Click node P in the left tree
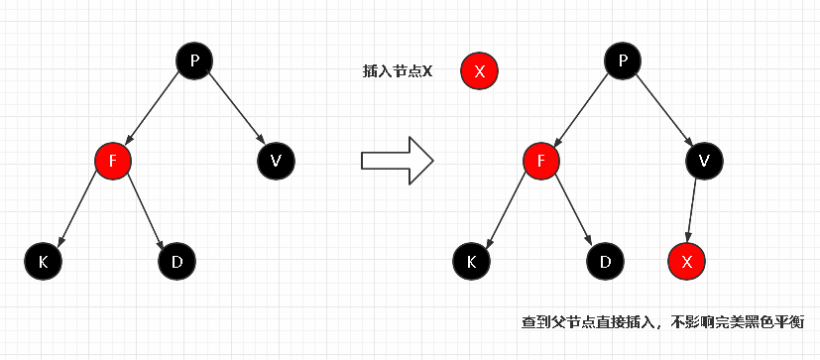(x=194, y=60)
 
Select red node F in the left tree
(x=113, y=159)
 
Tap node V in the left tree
(x=276, y=159)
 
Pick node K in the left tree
(x=43, y=261)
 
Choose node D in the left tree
(x=176, y=261)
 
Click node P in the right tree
(x=623, y=60)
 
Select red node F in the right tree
(x=540, y=159)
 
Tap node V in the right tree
(x=703, y=159)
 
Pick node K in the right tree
(x=471, y=261)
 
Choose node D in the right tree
(x=604, y=261)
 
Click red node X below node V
(x=686, y=261)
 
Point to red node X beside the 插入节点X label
(x=479, y=71)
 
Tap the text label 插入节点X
(x=398, y=71)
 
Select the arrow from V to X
(x=695, y=209)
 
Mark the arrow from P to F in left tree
(x=154, y=109)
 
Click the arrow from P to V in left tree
(x=235, y=109)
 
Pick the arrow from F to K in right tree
(x=506, y=209)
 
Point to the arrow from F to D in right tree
(x=572, y=209)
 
